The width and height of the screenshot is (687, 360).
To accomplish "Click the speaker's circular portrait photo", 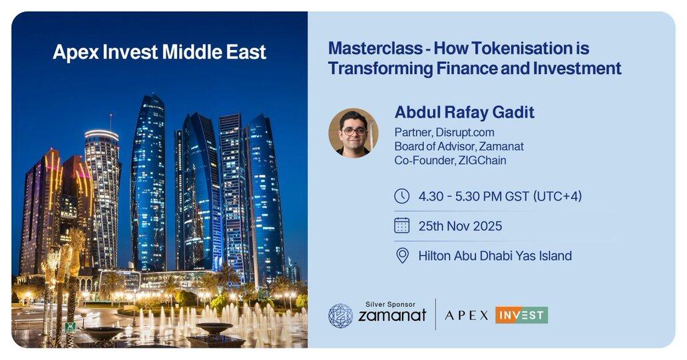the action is click(353, 132).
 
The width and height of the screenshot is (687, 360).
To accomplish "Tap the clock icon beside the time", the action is click(402, 196).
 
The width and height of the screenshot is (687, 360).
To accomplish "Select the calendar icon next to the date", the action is click(402, 226).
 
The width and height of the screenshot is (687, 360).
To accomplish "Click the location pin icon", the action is click(402, 256).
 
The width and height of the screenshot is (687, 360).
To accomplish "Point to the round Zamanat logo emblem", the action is click(340, 316).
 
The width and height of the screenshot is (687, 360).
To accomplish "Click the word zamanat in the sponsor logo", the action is click(392, 315).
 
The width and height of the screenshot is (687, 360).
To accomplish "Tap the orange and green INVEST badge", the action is click(521, 315).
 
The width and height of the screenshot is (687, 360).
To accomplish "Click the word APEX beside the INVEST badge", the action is click(466, 315).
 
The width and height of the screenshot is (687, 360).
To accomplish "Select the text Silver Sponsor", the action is click(390, 304).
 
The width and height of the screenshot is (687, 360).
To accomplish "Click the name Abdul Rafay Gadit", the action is click(465, 112).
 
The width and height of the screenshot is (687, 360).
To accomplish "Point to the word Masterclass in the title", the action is click(376, 48).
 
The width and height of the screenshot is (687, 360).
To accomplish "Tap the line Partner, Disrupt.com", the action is click(444, 132).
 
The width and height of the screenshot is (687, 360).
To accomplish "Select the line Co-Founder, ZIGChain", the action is click(451, 160).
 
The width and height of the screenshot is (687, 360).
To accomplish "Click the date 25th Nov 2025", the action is click(460, 226).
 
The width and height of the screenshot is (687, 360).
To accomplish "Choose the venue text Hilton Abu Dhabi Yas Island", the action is click(495, 256).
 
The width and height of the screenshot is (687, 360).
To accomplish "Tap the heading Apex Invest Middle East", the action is click(160, 53).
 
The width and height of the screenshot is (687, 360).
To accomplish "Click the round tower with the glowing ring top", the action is click(102, 197).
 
